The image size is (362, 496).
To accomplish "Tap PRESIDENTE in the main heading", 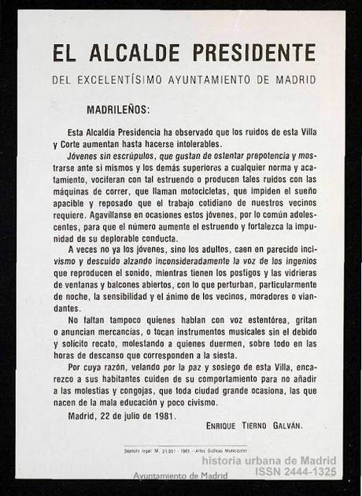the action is pyautogui.click(x=253, y=54).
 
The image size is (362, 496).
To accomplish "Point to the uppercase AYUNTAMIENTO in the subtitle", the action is pyautogui.click(x=220, y=80).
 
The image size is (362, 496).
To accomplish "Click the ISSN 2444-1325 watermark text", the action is pyautogui.click(x=295, y=472).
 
